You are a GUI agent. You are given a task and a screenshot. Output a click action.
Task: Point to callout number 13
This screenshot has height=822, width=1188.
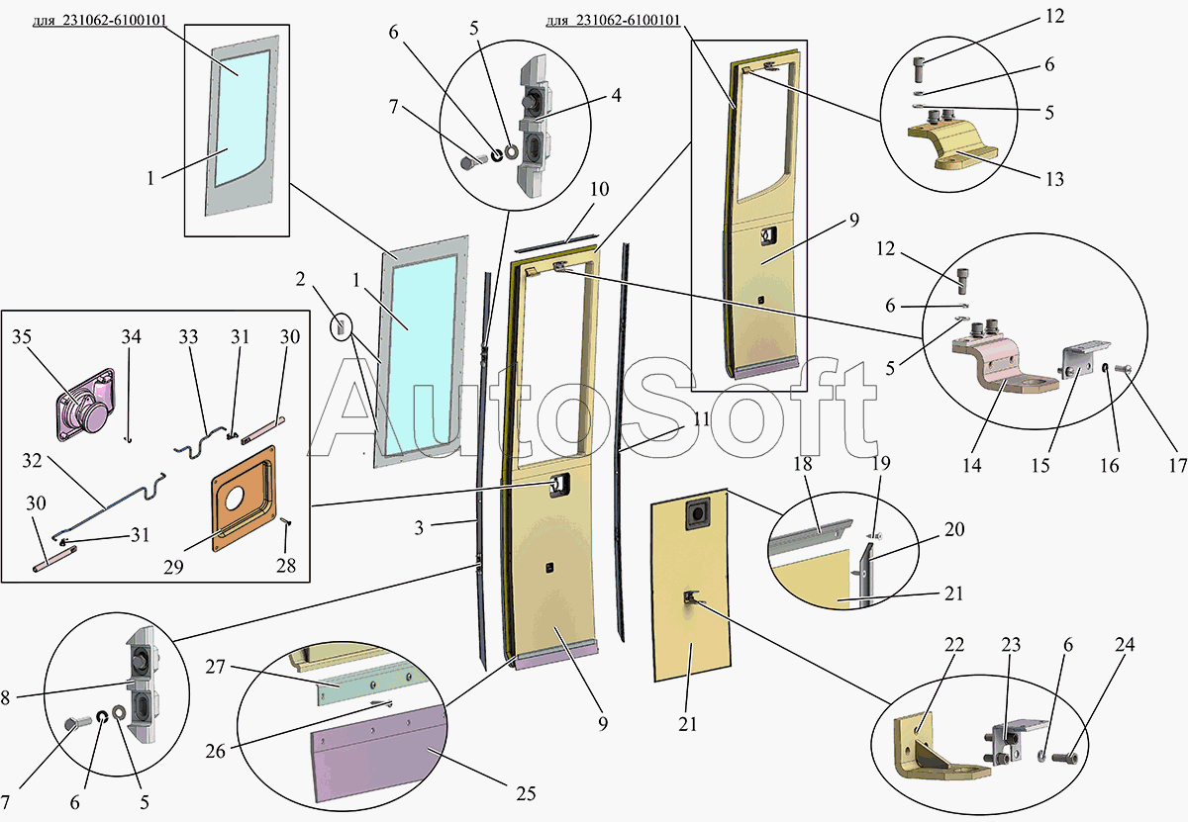tap(1054, 180)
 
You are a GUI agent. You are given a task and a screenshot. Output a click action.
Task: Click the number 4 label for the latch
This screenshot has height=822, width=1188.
tap(616, 96)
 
